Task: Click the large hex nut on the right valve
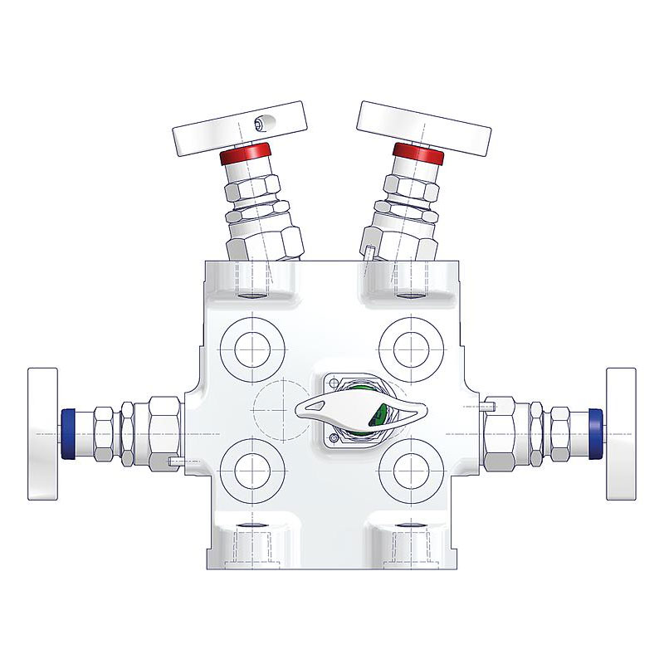pos(502,432)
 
